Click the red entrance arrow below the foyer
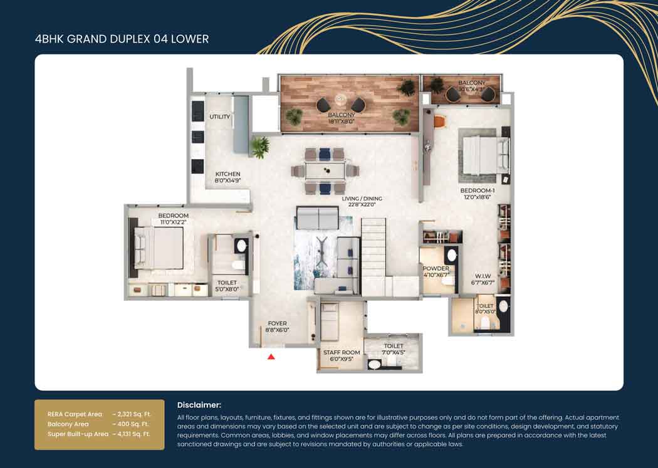271,356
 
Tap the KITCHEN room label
228,174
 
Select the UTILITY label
220,117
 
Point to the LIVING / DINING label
362,199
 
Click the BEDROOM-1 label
477,190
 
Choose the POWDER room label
435,269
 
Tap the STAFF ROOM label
342,353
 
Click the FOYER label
277,323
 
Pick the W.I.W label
483,275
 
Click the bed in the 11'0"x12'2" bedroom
159,247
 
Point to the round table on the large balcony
341,100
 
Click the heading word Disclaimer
199,405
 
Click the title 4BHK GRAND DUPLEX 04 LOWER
122,39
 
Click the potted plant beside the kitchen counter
259,147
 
